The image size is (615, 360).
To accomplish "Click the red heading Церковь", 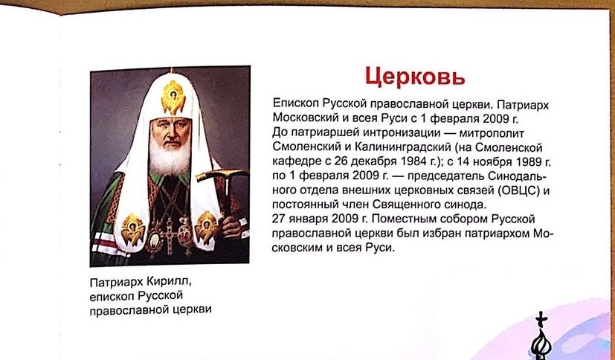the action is [415, 77].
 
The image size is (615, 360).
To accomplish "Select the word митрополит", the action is [492, 133].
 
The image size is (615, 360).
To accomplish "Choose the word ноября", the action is [490, 162].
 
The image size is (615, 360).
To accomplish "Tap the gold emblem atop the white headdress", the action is [173, 96].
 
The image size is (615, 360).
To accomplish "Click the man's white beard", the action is [170, 157].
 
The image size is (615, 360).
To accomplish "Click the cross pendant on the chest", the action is [170, 234].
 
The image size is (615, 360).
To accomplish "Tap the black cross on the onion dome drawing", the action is [541, 319].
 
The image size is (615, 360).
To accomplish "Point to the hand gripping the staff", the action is [231, 227].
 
